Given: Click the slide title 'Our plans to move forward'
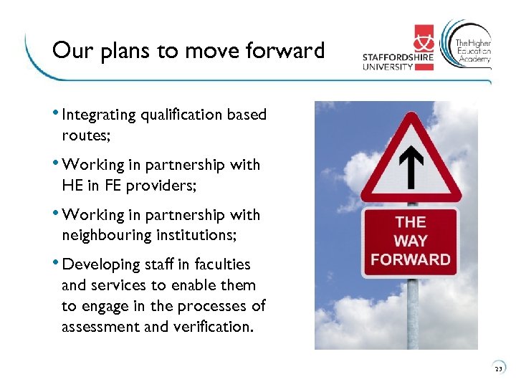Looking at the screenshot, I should tap(188, 51).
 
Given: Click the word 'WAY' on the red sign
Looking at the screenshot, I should tap(411, 241).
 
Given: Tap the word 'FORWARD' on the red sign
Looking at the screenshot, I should tap(411, 259).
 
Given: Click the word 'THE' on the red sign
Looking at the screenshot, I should tap(411, 222).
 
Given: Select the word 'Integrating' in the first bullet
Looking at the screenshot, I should tap(99, 115).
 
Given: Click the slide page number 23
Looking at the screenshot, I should tap(498, 369).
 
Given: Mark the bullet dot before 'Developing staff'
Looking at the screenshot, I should tap(57, 263).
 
